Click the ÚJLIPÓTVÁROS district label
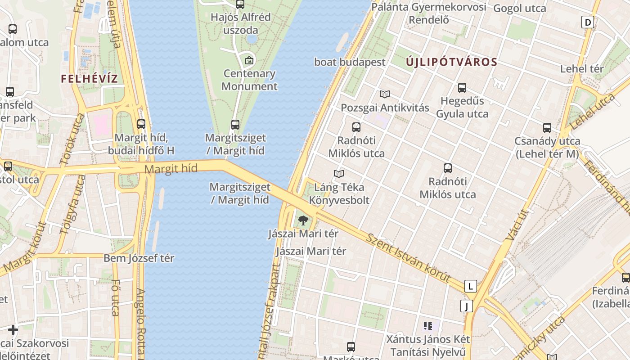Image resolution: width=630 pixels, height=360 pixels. point(451,62)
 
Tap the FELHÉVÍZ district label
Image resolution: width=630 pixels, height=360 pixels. point(89,79)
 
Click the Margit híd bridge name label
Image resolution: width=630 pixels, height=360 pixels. point(171,169)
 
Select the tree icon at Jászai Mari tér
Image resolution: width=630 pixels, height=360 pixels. point(303,220)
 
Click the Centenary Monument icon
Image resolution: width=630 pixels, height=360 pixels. point(249,60)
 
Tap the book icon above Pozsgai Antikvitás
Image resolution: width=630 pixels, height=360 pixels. point(384,94)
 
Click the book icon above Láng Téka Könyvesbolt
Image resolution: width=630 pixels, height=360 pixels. point(339,174)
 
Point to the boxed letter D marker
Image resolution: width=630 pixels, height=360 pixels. point(588,22)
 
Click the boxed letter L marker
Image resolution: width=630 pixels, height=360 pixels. point(470,286)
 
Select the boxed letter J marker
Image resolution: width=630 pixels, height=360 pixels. point(467,306)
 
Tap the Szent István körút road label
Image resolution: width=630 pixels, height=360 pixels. point(408,258)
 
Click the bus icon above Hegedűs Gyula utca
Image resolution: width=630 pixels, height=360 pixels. point(462,88)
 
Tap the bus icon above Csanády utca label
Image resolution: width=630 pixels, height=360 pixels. point(547,128)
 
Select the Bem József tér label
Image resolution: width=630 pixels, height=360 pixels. point(139,258)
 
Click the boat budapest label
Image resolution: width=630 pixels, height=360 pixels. point(350,62)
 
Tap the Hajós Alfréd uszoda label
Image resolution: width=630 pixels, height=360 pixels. point(241,24)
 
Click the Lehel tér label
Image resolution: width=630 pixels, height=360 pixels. point(581,69)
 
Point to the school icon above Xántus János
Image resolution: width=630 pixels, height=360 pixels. point(427,325)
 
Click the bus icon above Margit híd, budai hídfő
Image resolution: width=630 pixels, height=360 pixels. point(141,124)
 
